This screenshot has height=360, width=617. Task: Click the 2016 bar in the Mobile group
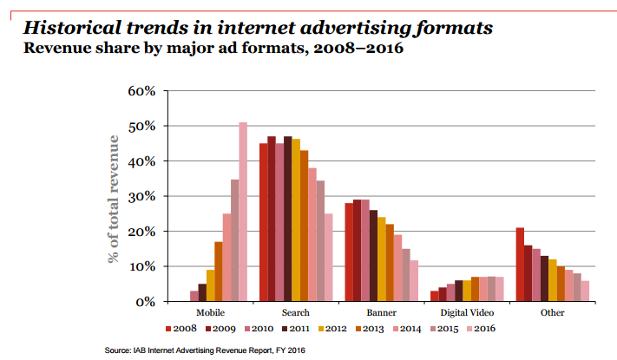tap(243, 213)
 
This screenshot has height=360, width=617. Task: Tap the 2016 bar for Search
tap(329, 258)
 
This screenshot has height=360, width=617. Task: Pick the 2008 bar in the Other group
tap(519, 265)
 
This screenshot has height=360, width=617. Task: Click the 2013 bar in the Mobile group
tap(219, 272)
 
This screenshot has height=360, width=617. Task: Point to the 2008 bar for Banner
tap(349, 252)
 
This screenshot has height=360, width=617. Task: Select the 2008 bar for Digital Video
tap(434, 297)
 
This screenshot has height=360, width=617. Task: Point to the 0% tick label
tap(143, 302)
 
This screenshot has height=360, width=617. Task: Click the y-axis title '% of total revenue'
tap(113, 198)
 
